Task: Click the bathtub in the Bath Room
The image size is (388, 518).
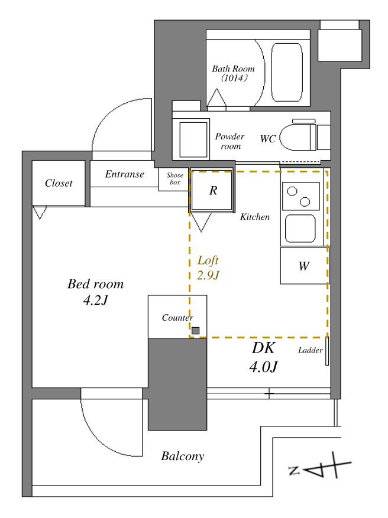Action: [x=286, y=72]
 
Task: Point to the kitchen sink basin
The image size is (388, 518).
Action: [x=300, y=229]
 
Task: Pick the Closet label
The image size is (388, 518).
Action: [x=59, y=183]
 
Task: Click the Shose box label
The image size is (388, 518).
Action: [x=174, y=179]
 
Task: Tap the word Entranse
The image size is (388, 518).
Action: [x=124, y=174]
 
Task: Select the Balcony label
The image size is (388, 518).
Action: [x=182, y=456]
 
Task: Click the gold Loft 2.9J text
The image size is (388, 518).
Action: [x=208, y=268]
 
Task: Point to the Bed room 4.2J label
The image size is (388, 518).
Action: [x=95, y=292]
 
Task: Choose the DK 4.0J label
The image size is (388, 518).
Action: [x=263, y=357]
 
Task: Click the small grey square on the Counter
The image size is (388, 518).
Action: [x=196, y=330]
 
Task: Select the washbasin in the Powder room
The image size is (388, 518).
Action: [x=193, y=139]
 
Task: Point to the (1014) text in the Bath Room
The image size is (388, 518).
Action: [x=234, y=79]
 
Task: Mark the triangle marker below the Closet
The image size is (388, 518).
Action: [x=40, y=213]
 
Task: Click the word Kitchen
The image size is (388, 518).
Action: [x=255, y=217]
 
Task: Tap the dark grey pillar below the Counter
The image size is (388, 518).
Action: [x=177, y=384]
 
